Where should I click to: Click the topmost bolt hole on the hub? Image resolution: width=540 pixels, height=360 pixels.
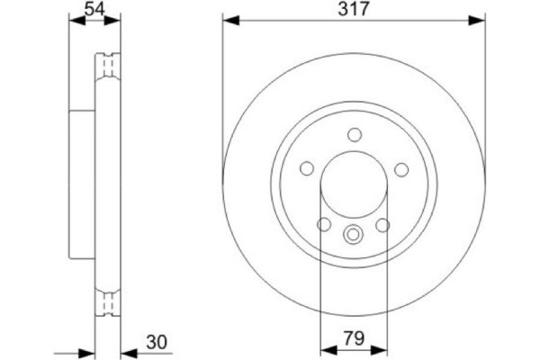(354, 136)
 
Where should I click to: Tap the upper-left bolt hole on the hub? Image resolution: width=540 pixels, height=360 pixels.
(306, 169)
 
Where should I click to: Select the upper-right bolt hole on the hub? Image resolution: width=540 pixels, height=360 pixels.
(401, 169)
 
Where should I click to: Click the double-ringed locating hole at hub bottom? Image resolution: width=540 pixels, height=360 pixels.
(354, 237)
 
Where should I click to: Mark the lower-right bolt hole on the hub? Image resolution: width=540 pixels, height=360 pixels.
(383, 225)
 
